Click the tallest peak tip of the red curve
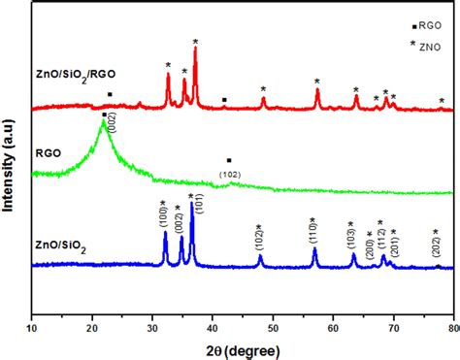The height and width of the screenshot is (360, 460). point(196,49)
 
